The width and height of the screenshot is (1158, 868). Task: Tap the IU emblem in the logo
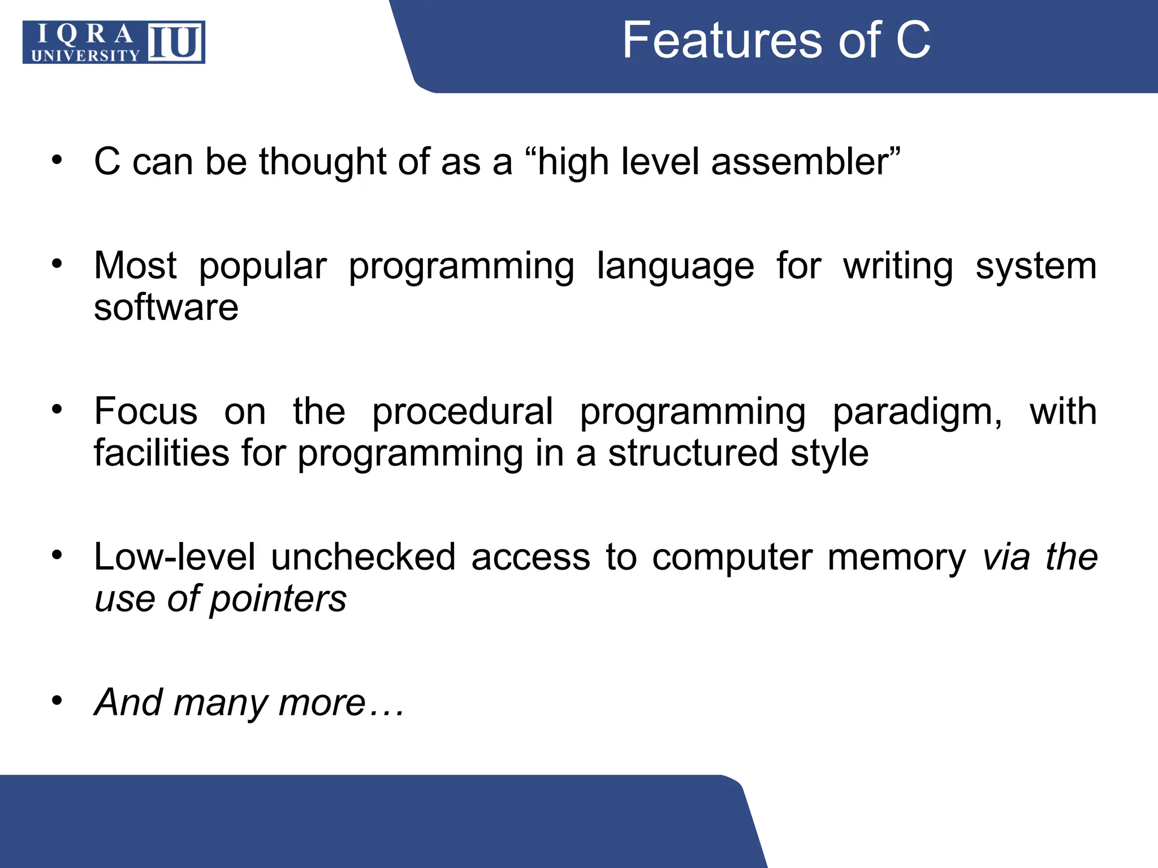pyautogui.click(x=176, y=42)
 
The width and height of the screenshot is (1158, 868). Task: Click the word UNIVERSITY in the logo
pyautogui.click(x=85, y=55)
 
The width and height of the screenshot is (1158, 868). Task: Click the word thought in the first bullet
pyautogui.click(x=323, y=162)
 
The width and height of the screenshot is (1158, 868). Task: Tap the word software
pyautogui.click(x=166, y=308)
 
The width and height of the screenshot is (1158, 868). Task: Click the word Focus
pyautogui.click(x=146, y=411)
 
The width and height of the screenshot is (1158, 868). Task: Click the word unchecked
pyautogui.click(x=363, y=557)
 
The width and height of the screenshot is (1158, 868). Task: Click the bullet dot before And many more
pyautogui.click(x=57, y=701)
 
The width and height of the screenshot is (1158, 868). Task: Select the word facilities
pyautogui.click(x=161, y=454)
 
